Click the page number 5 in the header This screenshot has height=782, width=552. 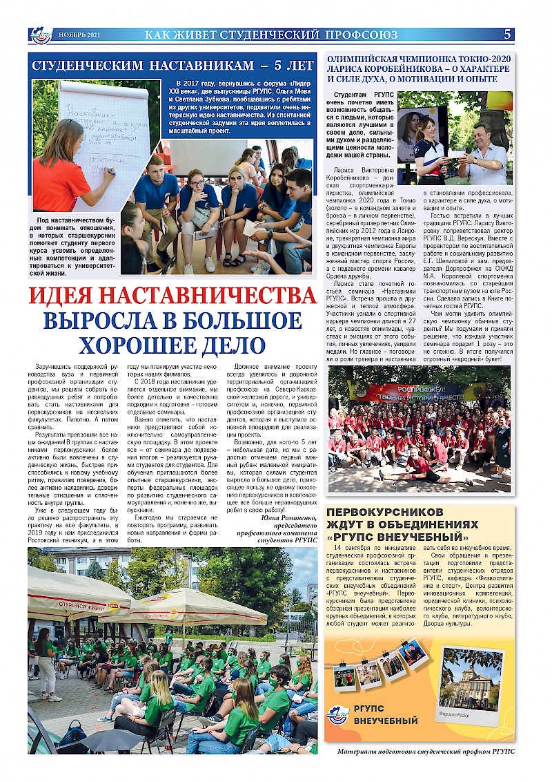coord(507,35)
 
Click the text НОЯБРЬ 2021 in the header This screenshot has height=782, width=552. coord(79,35)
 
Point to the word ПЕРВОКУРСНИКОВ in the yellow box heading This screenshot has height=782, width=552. coord(383,512)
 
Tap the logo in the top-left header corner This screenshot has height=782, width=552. coord(41,35)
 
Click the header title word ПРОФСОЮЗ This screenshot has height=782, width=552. coord(363,35)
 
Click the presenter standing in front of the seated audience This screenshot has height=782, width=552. coord(46,663)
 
